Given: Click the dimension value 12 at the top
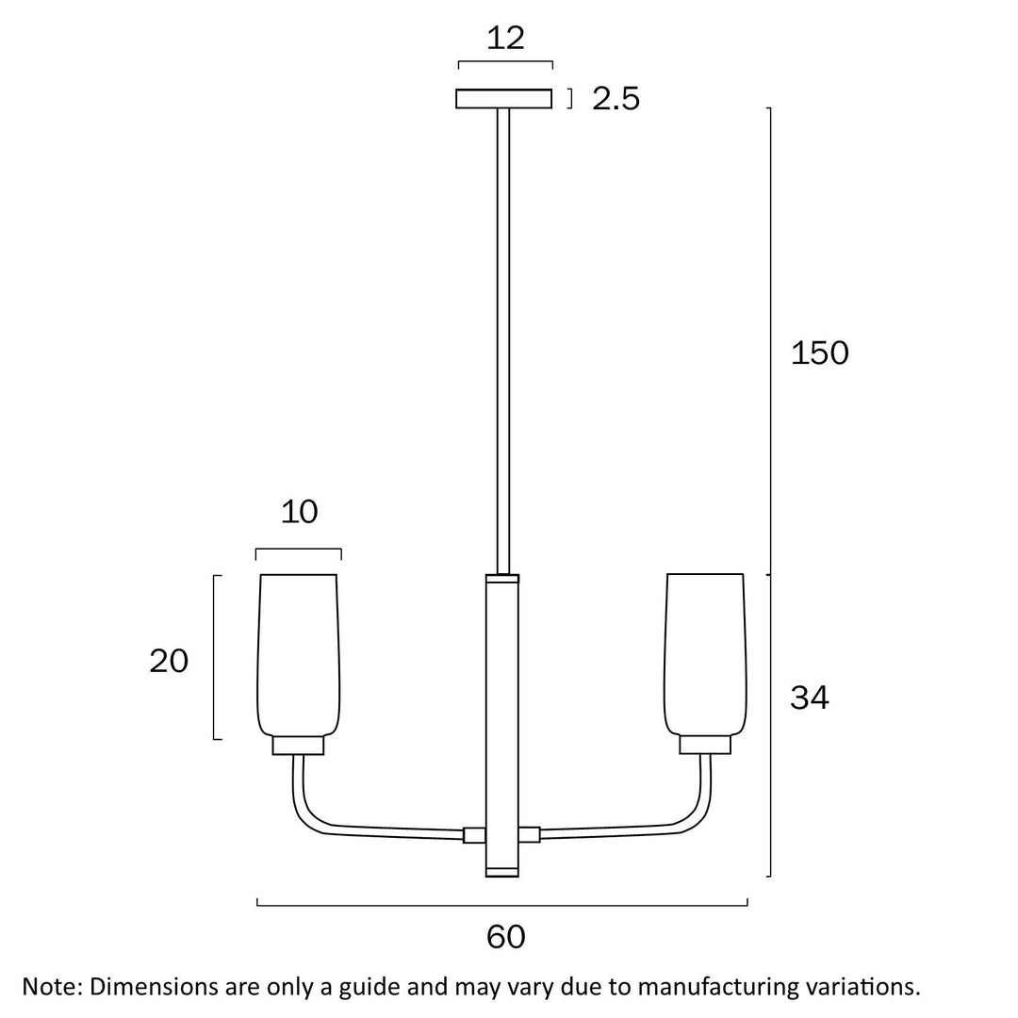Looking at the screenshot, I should (x=505, y=39).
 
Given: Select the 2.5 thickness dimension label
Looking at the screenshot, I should (x=616, y=98).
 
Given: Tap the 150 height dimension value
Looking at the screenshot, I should (x=819, y=353).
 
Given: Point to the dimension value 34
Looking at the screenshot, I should (x=809, y=698).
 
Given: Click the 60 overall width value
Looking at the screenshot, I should (x=506, y=937).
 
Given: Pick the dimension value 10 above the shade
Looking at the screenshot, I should (x=299, y=512).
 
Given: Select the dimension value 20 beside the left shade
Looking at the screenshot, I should (x=169, y=662).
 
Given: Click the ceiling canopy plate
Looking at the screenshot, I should (x=503, y=99).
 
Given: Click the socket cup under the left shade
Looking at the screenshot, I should (x=298, y=746).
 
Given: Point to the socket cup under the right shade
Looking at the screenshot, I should (x=705, y=746).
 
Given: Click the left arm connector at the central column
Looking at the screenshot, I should (x=474, y=835).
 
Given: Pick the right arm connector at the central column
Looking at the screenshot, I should (x=530, y=835).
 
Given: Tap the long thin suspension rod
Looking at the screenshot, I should (x=502, y=339).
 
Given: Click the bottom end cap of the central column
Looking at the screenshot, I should (x=502, y=871).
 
